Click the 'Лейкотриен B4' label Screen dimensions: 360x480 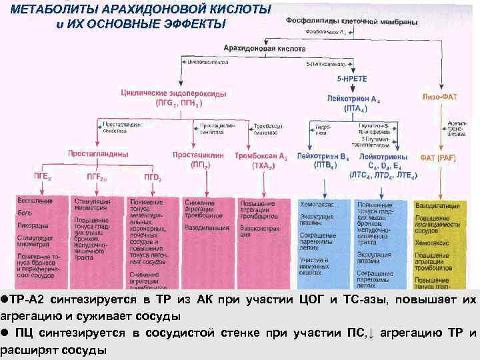pos(324,156)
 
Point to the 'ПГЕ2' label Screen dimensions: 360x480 pos(43,177)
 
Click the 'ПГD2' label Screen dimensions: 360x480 pos(153,177)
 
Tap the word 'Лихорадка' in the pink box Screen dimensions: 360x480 pos(31,224)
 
